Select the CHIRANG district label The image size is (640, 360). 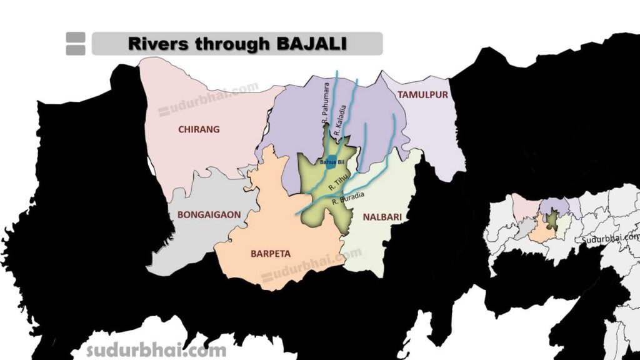tap(199, 129)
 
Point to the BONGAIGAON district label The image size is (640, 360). tap(209, 214)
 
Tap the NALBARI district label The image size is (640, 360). tap(381, 217)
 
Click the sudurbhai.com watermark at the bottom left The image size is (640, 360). tap(156, 349)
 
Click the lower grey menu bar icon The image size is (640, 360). tap(75, 49)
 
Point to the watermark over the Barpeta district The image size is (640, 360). tap(311, 266)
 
